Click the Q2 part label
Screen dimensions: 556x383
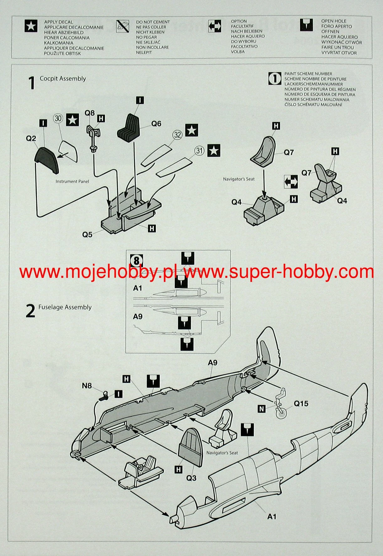(x=31, y=138)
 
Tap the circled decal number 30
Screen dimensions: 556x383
(x=58, y=118)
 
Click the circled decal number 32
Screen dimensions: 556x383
(x=178, y=135)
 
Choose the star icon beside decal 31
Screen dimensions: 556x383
(x=214, y=151)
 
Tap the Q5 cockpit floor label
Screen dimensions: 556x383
(x=87, y=235)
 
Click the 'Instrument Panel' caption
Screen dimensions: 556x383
(x=72, y=181)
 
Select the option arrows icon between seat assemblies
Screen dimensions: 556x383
(x=290, y=182)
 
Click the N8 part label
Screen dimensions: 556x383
(x=87, y=386)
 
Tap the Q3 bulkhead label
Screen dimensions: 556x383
(x=191, y=478)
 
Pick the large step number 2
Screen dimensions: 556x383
(x=30, y=311)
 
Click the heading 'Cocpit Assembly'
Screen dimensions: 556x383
(x=63, y=79)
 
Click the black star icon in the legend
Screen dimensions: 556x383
(x=31, y=26)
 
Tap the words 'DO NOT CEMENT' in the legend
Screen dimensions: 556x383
(x=153, y=22)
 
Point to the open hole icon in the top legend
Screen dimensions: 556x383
(x=306, y=25)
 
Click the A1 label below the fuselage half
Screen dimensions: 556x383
(x=272, y=516)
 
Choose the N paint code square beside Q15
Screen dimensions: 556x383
(x=261, y=408)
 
